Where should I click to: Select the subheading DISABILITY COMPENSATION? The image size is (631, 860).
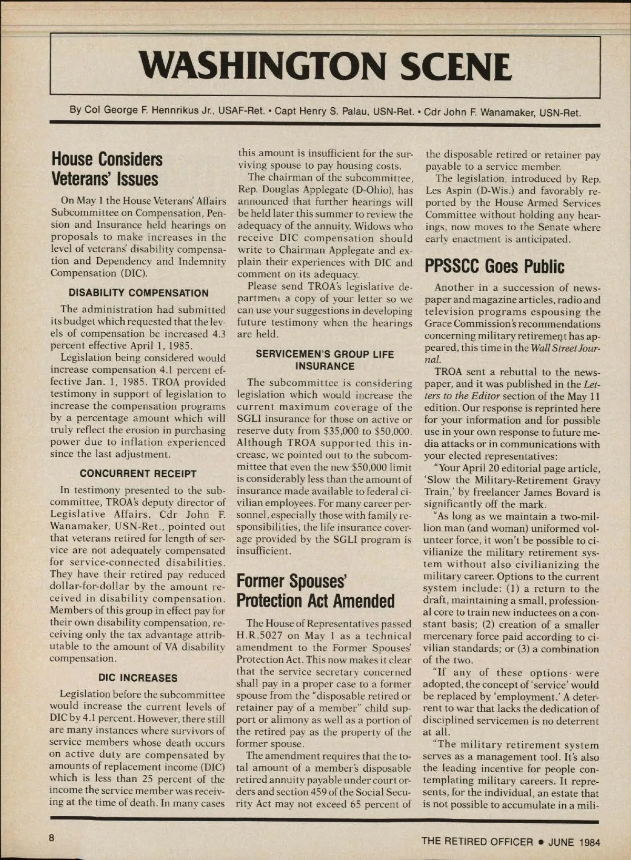138,293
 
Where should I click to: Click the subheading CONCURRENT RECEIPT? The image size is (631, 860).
138,474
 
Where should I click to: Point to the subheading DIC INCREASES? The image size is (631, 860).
138,678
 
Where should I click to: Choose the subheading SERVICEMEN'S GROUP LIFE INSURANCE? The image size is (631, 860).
324,360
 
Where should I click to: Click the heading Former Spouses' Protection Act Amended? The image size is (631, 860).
315,591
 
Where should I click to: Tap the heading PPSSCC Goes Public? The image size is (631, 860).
495,267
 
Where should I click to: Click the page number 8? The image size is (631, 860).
52,838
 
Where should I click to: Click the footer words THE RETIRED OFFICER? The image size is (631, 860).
477,842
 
